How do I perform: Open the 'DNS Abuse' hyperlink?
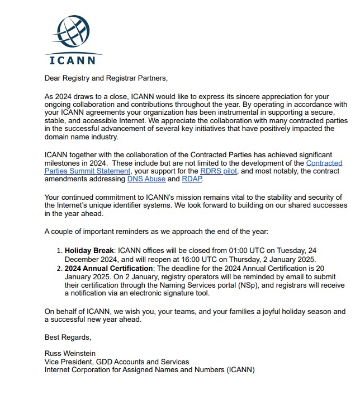point(145,179)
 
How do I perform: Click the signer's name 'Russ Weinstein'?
point(70,354)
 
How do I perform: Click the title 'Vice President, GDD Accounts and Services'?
point(116,362)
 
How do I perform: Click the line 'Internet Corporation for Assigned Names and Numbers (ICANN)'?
point(149,370)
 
